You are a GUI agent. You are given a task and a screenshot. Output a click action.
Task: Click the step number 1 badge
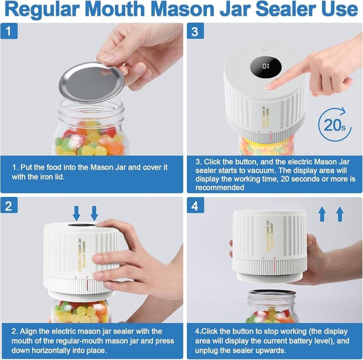tap(9, 31)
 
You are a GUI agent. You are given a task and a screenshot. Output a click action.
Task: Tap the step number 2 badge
tap(9, 205)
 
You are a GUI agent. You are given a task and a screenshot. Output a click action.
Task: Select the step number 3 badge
tap(196, 31)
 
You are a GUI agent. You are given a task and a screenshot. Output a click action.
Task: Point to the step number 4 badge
tap(196, 205)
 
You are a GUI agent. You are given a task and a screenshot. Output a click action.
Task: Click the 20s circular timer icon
tap(335, 125)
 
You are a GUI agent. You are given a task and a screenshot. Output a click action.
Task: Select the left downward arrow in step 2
tap(76, 213)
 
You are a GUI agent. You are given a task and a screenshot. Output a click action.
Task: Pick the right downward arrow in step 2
tap(94, 213)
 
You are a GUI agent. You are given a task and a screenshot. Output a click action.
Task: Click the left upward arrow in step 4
tap(322, 214)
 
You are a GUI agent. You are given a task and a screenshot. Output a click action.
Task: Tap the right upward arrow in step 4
tap(340, 214)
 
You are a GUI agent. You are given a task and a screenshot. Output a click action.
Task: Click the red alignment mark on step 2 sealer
tap(87, 285)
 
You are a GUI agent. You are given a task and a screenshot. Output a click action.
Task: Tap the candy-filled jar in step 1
tap(90, 132)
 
